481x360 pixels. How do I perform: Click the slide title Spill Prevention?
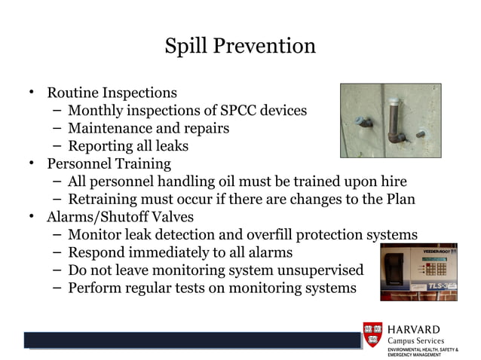pos(240,46)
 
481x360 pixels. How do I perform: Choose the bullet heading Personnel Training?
pos(109,163)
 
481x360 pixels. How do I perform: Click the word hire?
pos(392,182)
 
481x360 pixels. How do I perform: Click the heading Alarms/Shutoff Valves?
pos(121,217)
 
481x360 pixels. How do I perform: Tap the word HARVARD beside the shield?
pos(414,330)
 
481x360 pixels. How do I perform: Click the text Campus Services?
pos(416,341)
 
